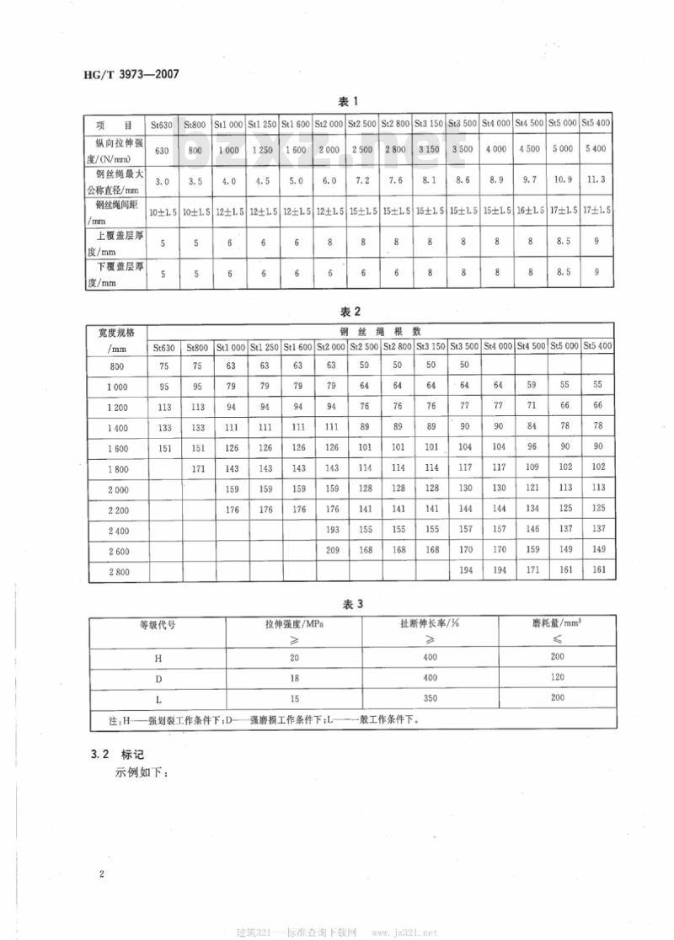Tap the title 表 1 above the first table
pos(349,102)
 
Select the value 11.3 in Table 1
pos(596,180)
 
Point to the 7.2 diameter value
pos(362,180)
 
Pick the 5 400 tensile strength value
pos(596,149)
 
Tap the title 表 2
pos(349,311)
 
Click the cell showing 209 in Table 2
pos(331,550)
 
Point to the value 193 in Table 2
pos(331,529)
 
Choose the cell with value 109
pos(531,467)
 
